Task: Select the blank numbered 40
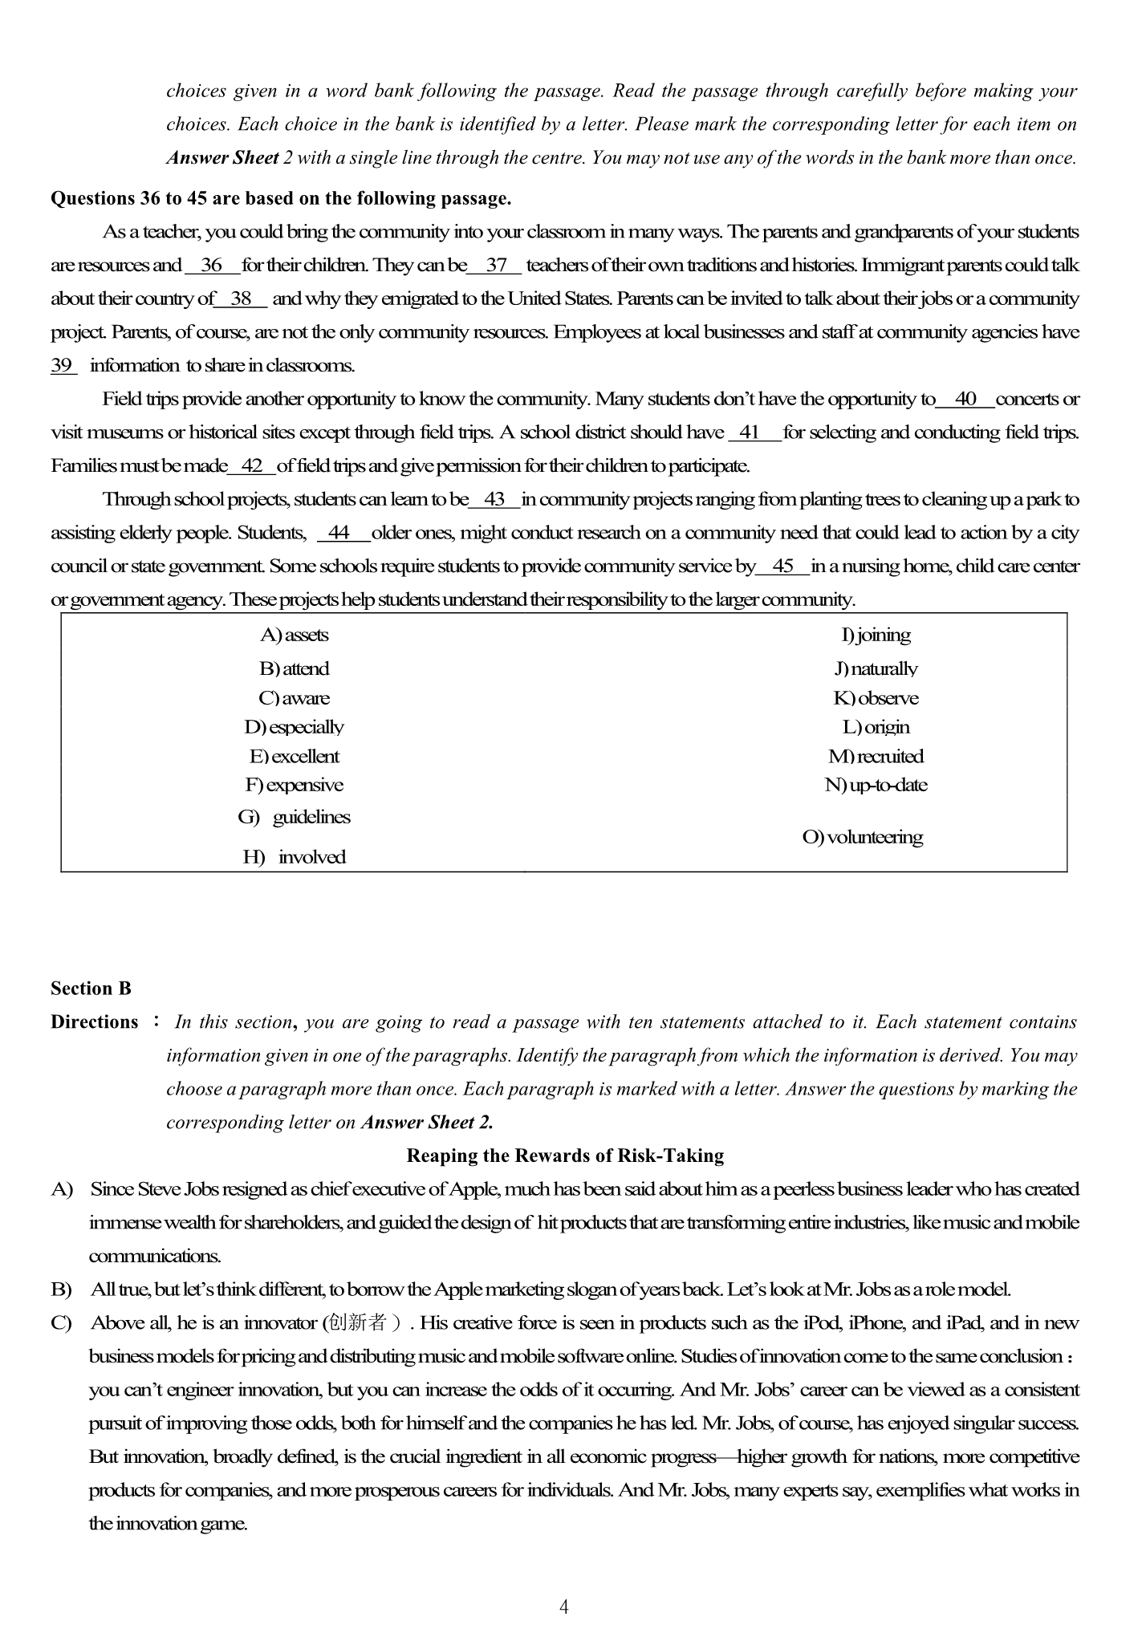[x=965, y=399]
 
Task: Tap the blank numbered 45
[x=782, y=567]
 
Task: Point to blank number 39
[x=63, y=366]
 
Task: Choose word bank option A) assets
[x=295, y=636]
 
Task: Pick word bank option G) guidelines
[x=295, y=818]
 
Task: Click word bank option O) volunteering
[x=863, y=838]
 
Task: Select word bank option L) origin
[x=876, y=728]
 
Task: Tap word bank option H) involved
[x=295, y=858]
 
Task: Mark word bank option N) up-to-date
[x=876, y=786]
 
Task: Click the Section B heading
[x=91, y=989]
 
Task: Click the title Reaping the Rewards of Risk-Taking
[x=565, y=1156]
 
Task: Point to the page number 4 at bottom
[x=564, y=1607]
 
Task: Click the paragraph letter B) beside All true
[x=61, y=1290]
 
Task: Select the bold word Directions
[x=95, y=1022]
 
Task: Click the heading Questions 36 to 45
[x=280, y=198]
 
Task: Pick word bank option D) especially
[x=295, y=728]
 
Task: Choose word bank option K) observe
[x=876, y=699]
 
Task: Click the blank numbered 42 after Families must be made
[x=252, y=466]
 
